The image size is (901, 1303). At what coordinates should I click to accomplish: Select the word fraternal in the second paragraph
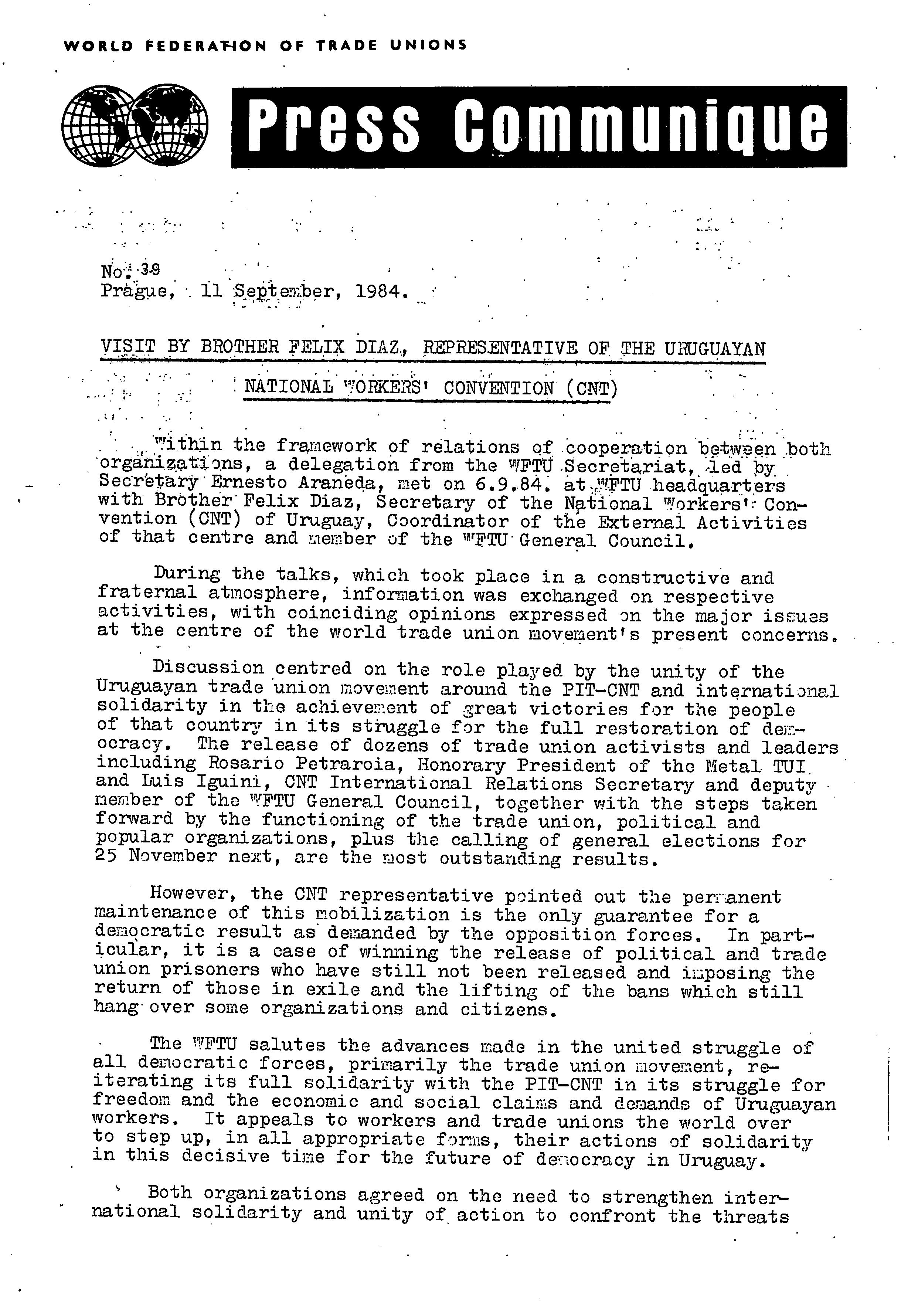(x=147, y=593)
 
